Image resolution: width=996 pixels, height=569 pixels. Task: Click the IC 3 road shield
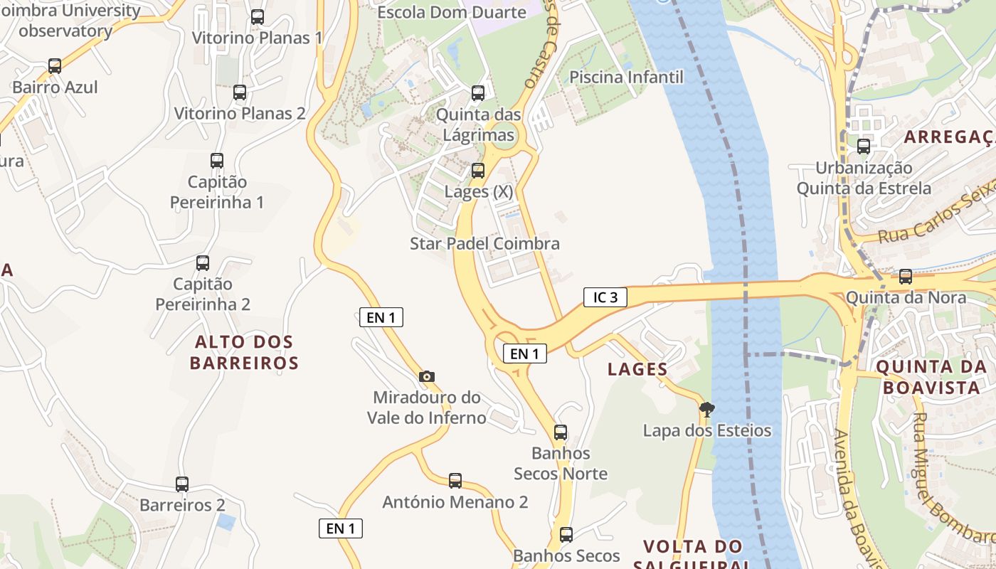tap(605, 297)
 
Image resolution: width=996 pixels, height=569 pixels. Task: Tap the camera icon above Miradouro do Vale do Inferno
tap(427, 376)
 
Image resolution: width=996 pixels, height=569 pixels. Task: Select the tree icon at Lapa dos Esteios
tap(706, 409)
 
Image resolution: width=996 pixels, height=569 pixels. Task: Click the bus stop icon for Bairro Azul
tap(55, 66)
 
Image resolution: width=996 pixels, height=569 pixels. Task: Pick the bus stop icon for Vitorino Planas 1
tap(258, 16)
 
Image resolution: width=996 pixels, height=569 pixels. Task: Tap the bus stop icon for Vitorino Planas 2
tap(240, 92)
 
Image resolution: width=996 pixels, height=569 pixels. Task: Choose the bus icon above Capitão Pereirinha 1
tap(217, 161)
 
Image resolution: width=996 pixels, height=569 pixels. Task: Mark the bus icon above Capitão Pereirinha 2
tap(203, 263)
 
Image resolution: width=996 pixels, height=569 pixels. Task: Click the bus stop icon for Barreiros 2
tap(182, 484)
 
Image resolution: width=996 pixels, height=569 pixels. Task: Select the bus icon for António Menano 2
tap(455, 481)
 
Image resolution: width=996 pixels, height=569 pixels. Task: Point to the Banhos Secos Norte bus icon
tap(561, 432)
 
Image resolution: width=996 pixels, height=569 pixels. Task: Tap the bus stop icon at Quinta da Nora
tap(906, 276)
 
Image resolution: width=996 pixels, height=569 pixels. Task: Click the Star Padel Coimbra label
tap(484, 244)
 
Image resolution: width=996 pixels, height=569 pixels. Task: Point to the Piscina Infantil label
tap(626, 77)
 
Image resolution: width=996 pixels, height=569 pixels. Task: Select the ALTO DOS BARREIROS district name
tap(244, 353)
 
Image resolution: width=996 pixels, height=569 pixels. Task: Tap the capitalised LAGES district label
tap(637, 369)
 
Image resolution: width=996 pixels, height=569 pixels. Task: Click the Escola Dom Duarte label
tap(452, 12)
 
